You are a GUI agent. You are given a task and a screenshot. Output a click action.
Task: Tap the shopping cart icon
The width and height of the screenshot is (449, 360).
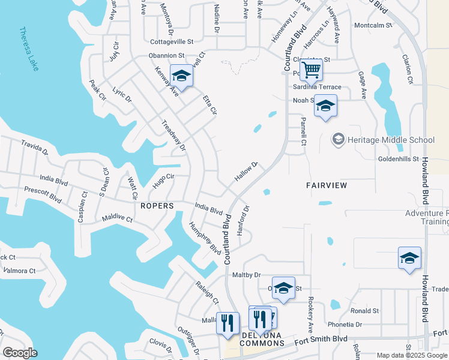pos(311,71)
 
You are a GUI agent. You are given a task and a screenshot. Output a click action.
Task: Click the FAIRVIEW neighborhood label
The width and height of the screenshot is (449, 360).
pos(327,185)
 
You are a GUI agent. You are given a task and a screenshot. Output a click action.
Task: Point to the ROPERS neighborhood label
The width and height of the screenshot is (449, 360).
pos(157,206)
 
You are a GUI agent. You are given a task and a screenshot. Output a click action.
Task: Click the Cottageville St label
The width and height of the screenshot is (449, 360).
pos(172,42)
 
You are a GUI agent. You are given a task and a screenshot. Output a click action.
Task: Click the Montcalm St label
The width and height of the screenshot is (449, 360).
pos(373,26)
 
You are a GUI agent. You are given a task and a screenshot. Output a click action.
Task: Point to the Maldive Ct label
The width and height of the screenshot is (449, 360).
pos(117,219)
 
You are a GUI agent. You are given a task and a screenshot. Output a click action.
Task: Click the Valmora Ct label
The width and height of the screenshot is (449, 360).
pos(19,271)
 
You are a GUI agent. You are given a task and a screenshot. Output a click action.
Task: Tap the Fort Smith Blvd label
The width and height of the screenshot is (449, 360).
pos(321,339)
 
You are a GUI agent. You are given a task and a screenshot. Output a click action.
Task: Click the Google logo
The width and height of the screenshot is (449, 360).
pos(20,353)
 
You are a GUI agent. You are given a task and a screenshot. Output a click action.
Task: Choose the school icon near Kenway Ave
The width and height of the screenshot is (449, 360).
pos(181,76)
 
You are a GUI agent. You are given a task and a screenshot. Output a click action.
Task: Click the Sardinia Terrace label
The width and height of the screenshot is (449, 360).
pos(317,87)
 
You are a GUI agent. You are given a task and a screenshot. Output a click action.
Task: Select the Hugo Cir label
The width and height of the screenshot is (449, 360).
pos(163,181)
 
